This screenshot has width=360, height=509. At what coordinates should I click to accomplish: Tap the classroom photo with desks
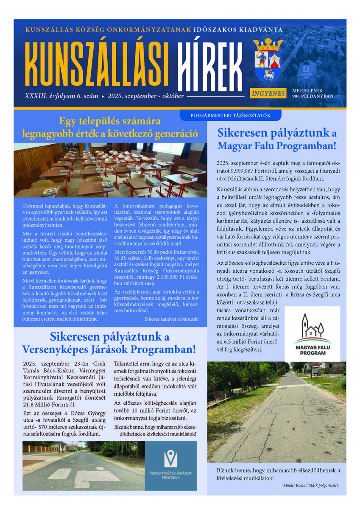coord(110,170)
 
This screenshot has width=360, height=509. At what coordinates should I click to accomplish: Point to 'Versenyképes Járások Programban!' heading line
coord(110,350)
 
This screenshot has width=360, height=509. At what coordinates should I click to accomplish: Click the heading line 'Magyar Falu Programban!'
coord(276,146)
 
